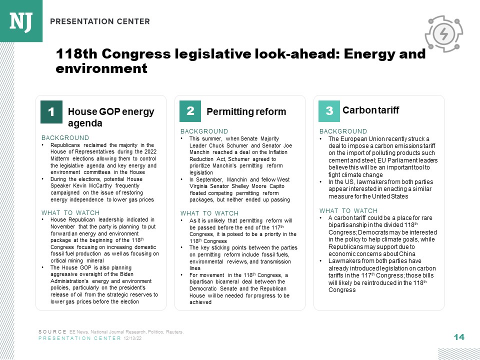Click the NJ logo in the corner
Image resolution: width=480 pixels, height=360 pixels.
coord(21,20)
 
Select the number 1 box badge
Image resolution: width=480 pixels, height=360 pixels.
coord(51,111)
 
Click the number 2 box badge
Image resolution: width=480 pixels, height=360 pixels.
coord(190,111)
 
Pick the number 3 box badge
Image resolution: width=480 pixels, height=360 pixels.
coord(329,111)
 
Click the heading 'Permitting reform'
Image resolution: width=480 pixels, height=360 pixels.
coord(246,111)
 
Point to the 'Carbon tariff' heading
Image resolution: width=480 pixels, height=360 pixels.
coord(370,110)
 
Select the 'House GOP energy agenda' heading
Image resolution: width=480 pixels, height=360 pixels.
coord(110,117)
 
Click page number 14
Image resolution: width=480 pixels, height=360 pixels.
coord(459,337)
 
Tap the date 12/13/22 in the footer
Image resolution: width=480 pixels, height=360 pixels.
coord(133,338)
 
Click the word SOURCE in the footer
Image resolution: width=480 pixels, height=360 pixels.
coord(52,332)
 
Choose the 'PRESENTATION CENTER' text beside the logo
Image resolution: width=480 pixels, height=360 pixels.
coord(100,21)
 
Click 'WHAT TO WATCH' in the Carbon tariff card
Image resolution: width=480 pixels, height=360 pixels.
coord(348,210)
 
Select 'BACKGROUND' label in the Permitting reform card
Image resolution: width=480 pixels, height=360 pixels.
coord(204,131)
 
